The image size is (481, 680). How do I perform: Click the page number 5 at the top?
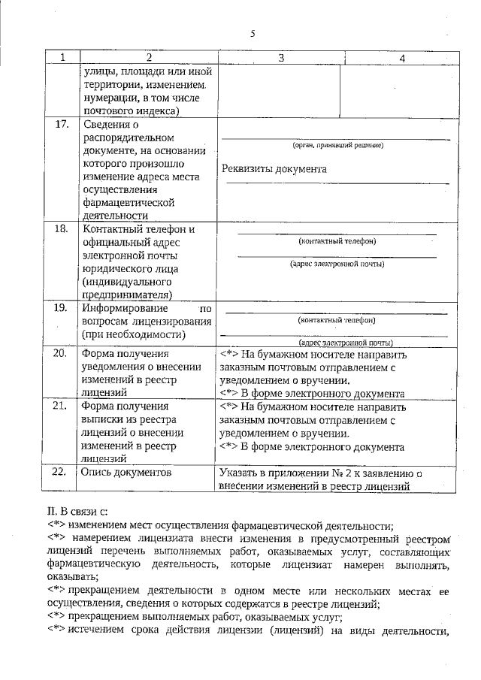click(253, 33)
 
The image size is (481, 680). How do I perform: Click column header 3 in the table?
click(280, 58)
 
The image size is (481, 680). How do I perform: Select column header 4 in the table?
click(402, 58)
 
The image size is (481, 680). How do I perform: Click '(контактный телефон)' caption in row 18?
click(337, 241)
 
